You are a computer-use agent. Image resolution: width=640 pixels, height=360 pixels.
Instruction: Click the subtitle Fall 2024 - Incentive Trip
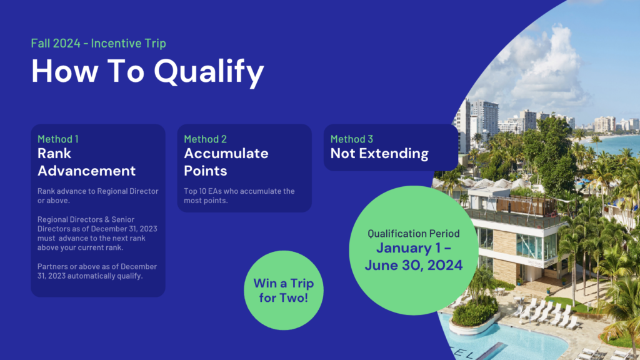[x=98, y=43]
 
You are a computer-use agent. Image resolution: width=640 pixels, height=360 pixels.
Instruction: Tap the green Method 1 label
[x=58, y=139]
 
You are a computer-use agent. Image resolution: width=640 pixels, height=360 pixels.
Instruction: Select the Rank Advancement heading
[x=86, y=162]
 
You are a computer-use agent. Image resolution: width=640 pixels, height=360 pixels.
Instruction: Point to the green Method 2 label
[x=205, y=139]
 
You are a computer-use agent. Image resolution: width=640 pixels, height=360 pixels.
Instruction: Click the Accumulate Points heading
[x=226, y=162]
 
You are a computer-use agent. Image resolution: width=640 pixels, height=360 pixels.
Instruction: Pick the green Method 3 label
[x=352, y=139]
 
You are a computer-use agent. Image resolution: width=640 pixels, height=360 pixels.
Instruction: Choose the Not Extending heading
[x=379, y=154]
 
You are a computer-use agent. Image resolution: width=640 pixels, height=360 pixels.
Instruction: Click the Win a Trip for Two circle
[x=284, y=290]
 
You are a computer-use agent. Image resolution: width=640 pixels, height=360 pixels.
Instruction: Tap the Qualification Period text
[x=414, y=234]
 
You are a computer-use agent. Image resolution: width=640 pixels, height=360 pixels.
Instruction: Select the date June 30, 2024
[x=414, y=265]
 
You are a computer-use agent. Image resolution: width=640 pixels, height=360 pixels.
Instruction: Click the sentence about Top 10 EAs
[x=239, y=196]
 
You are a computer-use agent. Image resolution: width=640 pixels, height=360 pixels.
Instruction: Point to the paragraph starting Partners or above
[x=97, y=271]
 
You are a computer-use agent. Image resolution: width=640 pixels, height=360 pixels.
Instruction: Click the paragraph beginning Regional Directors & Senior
[x=97, y=233]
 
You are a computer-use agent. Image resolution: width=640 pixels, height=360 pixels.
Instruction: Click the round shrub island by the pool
[x=474, y=314]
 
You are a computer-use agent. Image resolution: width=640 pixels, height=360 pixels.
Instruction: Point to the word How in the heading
[x=65, y=71]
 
